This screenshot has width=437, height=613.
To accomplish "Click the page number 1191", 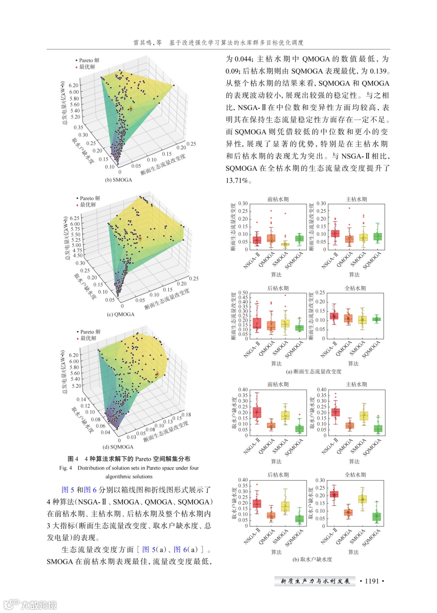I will [x=372, y=581].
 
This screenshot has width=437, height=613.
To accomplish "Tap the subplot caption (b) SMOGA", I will [x=119, y=180].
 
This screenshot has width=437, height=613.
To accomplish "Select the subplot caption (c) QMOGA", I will [x=121, y=314].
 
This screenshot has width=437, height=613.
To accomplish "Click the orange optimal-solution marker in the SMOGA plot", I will [x=130, y=109].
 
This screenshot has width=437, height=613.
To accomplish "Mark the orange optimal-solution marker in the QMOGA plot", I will [x=140, y=239].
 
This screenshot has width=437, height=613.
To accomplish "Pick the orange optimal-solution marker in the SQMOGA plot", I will [x=157, y=374].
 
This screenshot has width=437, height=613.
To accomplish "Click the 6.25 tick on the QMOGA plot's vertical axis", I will [x=75, y=218].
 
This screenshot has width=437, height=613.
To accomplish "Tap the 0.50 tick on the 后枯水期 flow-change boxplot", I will [x=243, y=293].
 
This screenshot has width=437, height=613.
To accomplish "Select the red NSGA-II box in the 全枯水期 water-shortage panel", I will [x=334, y=494].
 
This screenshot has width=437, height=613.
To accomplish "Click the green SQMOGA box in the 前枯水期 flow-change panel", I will [x=299, y=238].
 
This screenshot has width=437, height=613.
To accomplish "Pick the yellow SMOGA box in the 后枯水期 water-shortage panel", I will [x=285, y=507].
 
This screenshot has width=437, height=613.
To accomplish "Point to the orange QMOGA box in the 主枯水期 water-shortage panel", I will [x=350, y=425].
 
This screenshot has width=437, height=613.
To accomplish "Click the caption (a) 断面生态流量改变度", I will [x=314, y=371].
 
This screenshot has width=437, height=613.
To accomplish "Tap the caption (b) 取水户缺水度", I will [x=312, y=559].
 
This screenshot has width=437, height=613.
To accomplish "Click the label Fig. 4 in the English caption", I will [x=66, y=468].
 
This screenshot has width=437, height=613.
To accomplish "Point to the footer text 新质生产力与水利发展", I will [x=315, y=581].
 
